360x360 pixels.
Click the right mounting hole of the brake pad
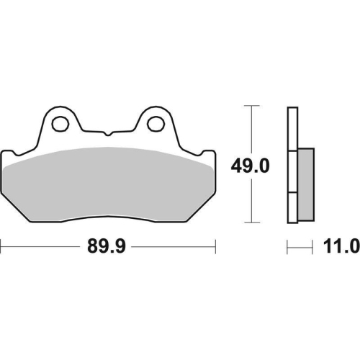pos(155,123)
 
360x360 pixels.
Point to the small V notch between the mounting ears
pos(108,134)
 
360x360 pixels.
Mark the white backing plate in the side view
pos(292,166)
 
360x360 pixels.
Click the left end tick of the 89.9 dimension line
pos(1,248)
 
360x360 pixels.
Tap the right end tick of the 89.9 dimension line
pos(216,248)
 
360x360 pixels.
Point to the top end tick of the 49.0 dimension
pos(251,106)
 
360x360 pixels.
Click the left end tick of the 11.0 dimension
pos(288,248)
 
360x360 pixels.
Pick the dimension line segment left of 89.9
pos(40,248)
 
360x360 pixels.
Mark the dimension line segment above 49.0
pos(251,130)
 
